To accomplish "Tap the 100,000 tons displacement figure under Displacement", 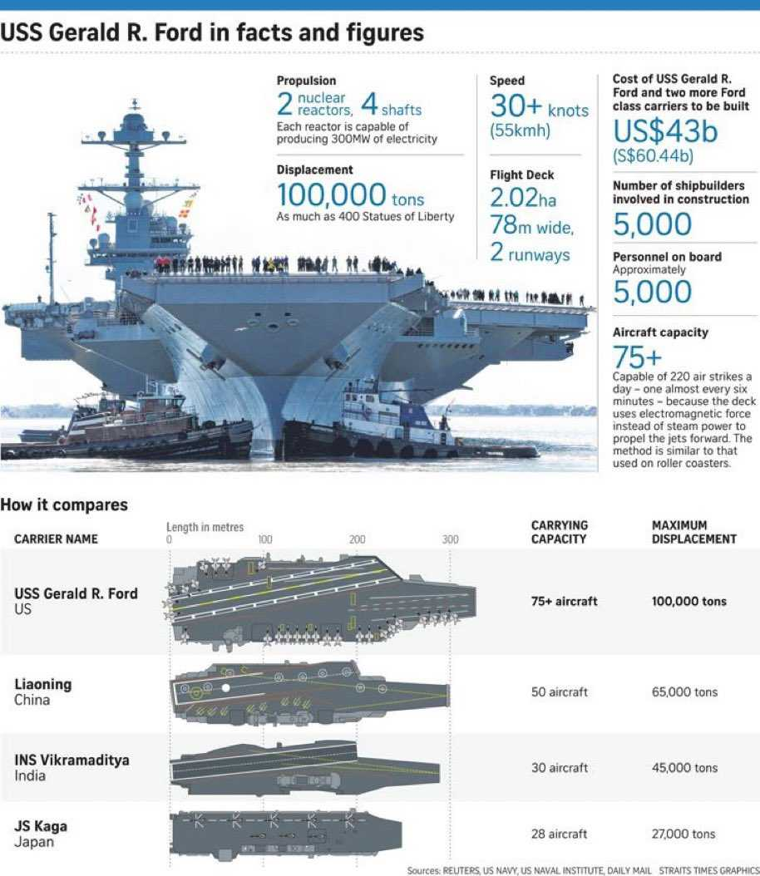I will (x=350, y=195).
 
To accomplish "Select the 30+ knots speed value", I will (x=539, y=107).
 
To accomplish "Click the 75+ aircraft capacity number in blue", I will (x=637, y=357).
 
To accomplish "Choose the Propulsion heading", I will (x=306, y=81).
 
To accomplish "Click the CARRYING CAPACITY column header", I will (x=559, y=532).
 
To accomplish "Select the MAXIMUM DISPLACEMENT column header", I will (x=693, y=532).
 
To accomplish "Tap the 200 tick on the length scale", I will (x=358, y=539).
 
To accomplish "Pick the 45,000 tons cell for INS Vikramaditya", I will (x=684, y=768).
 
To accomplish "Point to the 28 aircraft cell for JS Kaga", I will (x=559, y=834).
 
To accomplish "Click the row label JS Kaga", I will (x=41, y=827).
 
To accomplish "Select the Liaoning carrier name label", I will (x=43, y=685).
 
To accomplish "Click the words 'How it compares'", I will (x=64, y=504).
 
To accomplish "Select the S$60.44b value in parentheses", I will (x=654, y=156).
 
